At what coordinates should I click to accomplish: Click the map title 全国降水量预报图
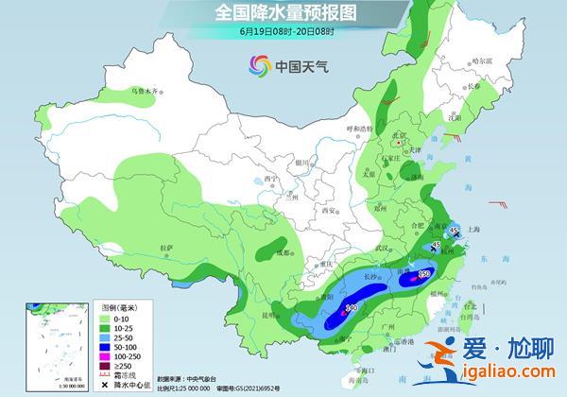(283, 13)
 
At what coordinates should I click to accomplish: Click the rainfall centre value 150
(424, 274)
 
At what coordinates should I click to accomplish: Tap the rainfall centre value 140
(351, 307)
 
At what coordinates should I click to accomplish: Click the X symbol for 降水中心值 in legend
(105, 385)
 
